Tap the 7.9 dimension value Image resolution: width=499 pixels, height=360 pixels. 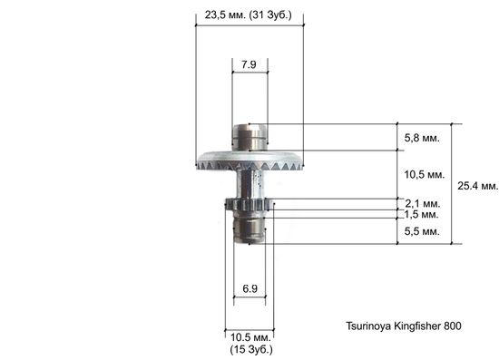pos(249,63)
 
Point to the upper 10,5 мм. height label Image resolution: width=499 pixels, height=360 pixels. pos(422,173)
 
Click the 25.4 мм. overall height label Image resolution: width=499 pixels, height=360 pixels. pos(477,185)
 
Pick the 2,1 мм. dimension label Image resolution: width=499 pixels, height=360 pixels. pos(422,203)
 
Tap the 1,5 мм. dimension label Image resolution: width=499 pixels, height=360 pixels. pos(422,215)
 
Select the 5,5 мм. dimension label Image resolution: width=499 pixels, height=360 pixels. pos(422,232)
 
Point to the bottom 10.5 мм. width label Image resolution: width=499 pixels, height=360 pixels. pos(249,336)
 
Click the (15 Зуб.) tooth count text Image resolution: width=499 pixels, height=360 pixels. pos(249,349)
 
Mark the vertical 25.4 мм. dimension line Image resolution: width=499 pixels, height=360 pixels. pos(453,184)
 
